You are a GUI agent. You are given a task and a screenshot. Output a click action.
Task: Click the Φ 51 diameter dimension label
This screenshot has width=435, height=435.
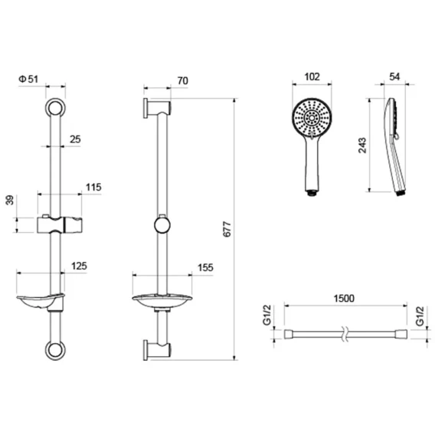click(28, 79)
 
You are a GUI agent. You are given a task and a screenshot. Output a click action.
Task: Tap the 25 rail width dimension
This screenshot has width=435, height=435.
click(75, 139)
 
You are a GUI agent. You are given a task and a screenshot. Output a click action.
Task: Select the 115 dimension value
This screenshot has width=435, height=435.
click(93, 187)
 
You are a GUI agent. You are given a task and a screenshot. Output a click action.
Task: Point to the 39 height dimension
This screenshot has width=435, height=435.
click(10, 200)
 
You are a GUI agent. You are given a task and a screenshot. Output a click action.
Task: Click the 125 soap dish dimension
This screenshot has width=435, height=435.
click(79, 266)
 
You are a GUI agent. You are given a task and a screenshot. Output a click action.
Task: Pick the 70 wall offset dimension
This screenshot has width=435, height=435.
click(183, 80)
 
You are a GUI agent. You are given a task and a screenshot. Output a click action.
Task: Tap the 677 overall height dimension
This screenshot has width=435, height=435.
click(227, 229)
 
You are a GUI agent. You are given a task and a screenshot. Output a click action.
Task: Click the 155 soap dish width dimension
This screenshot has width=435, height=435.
click(205, 267)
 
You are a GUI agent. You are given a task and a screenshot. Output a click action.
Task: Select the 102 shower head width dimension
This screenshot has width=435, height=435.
click(312, 77)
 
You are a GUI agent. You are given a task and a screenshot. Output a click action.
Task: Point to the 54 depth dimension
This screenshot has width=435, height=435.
click(394, 77)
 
